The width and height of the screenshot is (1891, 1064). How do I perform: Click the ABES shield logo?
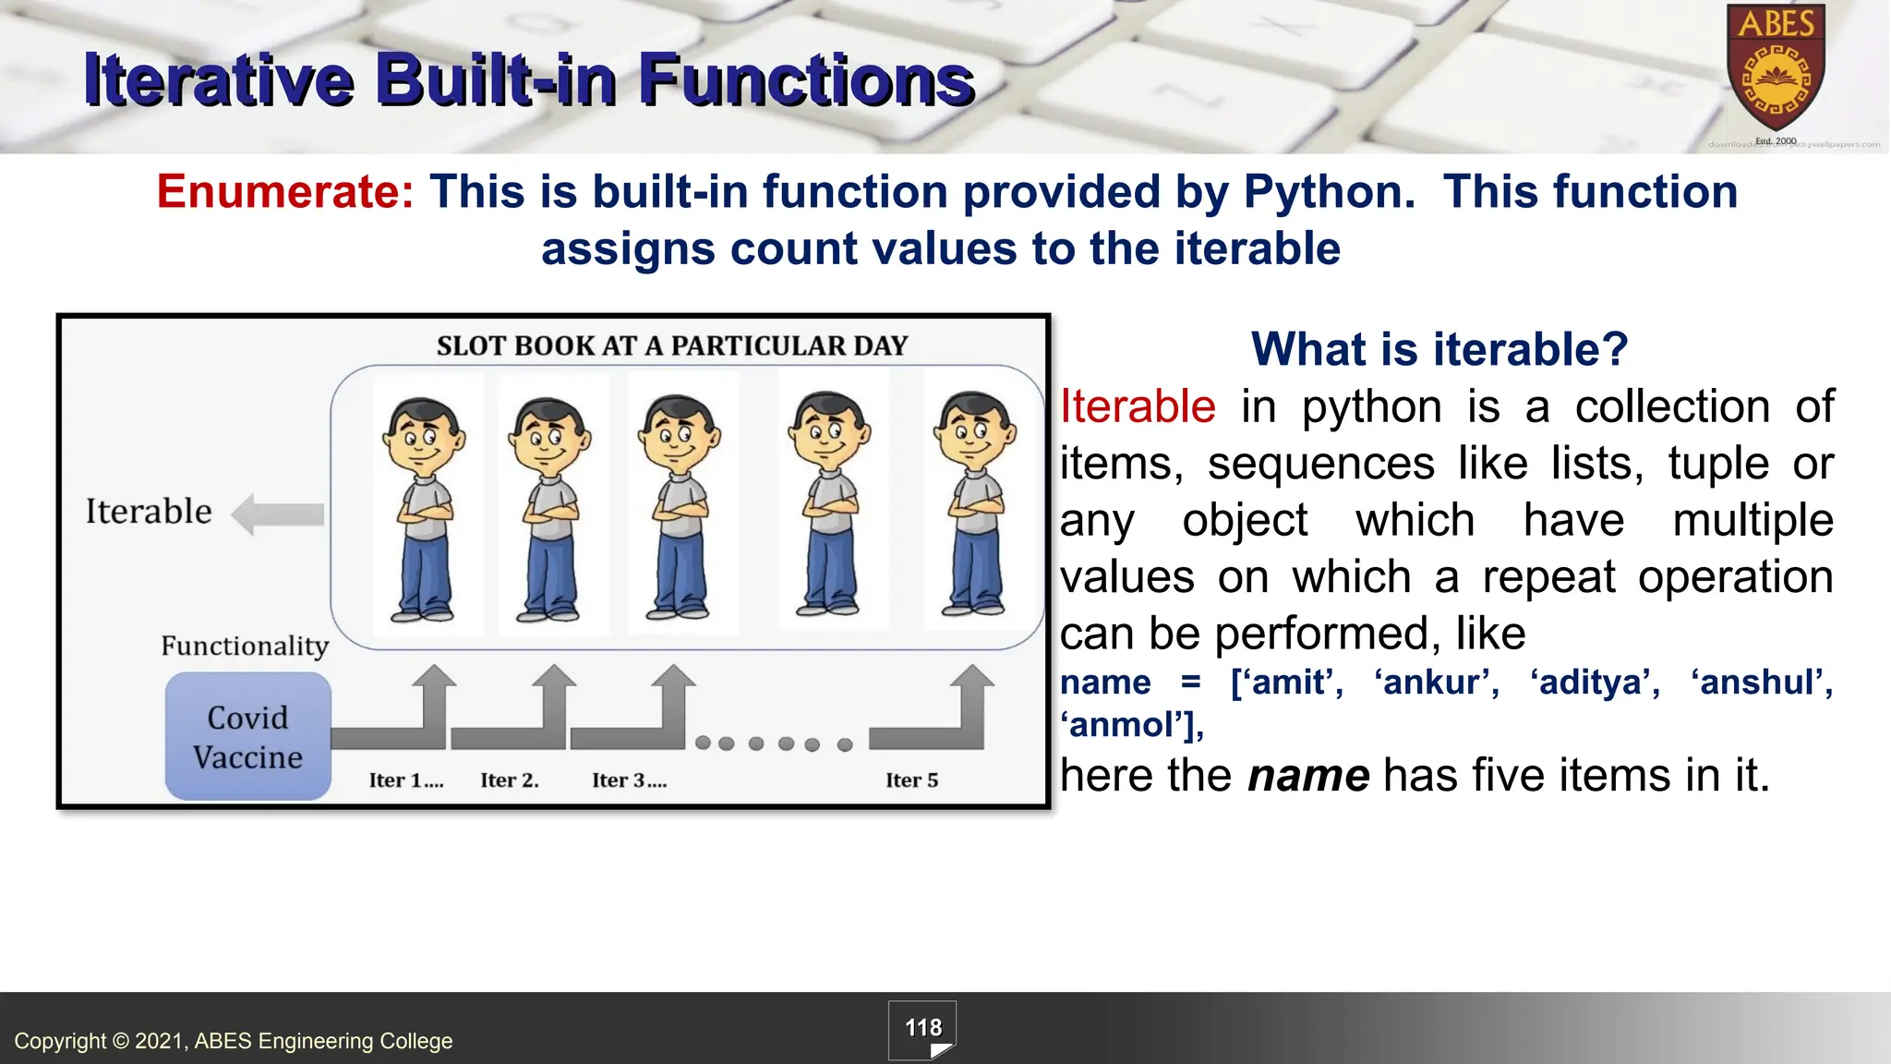[1776, 69]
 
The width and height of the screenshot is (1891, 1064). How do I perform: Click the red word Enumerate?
[285, 192]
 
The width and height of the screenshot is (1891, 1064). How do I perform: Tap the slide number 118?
[922, 1028]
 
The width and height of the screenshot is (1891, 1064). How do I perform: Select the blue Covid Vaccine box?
[247, 737]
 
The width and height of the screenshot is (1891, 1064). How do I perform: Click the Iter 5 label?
[911, 780]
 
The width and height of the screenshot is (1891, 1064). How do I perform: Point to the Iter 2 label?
[509, 780]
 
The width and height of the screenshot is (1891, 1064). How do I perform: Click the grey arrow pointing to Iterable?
[278, 514]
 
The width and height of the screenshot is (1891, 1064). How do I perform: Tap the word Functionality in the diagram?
[245, 646]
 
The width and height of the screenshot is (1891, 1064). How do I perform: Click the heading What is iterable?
[1439, 349]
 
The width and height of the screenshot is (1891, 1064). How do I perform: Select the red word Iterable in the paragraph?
[1138, 406]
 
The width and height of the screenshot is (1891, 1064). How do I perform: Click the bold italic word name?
[1308, 775]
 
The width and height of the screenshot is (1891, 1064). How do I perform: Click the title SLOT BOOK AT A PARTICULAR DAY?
[672, 345]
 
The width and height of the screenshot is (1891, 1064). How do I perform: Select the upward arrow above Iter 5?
[971, 702]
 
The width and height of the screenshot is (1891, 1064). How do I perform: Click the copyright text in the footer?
[234, 1041]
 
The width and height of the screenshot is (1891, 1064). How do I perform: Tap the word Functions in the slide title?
[806, 79]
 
